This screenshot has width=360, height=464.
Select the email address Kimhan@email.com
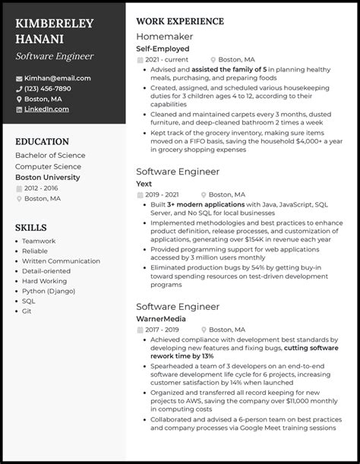(57, 78)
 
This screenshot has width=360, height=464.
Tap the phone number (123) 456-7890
(54, 89)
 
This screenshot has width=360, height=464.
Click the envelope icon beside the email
(18, 78)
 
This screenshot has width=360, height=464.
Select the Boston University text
(49, 177)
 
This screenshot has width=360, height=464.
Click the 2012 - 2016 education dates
(43, 188)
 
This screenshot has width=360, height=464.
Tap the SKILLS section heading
(31, 227)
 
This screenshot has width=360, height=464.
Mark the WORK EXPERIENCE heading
(179, 21)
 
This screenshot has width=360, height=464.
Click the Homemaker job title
(164, 36)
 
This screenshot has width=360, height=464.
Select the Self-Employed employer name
(163, 49)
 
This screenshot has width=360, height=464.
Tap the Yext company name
(144, 183)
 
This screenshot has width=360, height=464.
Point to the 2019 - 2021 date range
(162, 194)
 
